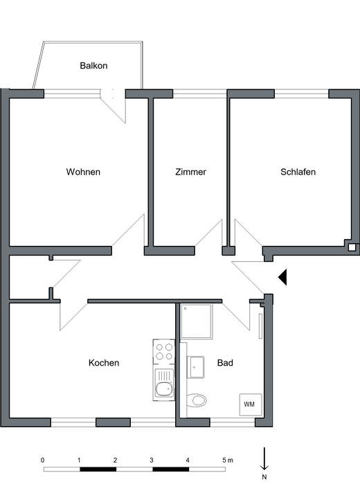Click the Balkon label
pos(93,66)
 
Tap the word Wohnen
pos(83,172)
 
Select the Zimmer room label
pos(190,172)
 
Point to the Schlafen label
pos(298,172)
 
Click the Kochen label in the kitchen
pos(104,363)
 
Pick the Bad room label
pos(225,363)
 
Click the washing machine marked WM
pos(251,404)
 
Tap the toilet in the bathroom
pos(197,400)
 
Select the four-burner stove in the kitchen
pos(164,352)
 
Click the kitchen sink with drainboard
pos(164,384)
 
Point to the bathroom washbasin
pos(196,367)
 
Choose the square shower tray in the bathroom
pos(197,321)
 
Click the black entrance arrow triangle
pos(282,277)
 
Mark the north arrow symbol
pos(264,458)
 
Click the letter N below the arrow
pos(264,477)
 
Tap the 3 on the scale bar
pos(152,461)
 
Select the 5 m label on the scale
pos(228,461)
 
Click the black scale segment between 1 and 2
pos(98,469)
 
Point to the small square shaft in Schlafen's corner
pos(352,247)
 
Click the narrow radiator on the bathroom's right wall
pos(260,326)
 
